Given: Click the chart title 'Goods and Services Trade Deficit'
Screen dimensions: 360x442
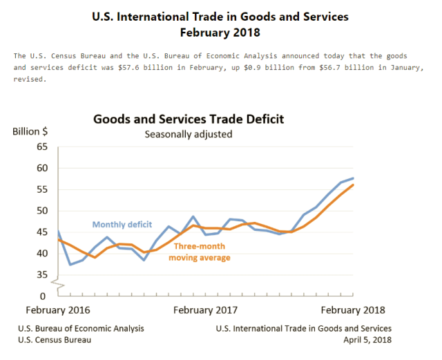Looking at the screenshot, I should (189, 119).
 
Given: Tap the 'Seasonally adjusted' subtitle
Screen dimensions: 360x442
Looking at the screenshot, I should (188, 134).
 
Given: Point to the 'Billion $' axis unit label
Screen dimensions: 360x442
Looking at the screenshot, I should (30, 131).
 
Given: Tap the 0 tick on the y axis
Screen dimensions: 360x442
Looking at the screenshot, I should (45, 296).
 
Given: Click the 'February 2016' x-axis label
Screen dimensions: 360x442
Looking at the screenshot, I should (58, 310).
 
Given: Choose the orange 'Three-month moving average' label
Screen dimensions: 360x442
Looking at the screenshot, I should (202, 252).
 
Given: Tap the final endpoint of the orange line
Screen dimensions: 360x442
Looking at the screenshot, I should (354, 184).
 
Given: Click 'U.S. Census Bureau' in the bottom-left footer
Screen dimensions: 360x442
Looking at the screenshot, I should (55, 340).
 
